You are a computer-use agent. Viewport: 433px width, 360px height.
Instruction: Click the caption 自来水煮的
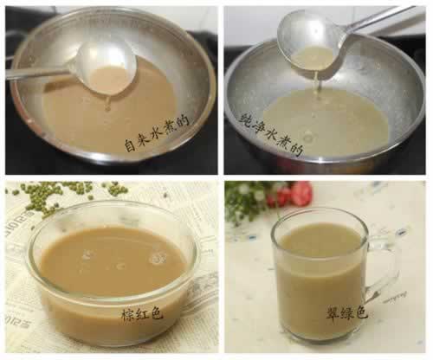[x=157, y=133]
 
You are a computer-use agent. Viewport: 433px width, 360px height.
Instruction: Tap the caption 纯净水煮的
[x=271, y=134]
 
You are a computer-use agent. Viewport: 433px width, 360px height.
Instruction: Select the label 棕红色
[x=142, y=313]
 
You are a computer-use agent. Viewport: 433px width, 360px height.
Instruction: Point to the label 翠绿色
[x=346, y=312]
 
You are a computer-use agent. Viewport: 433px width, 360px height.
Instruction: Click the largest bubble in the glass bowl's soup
[x=158, y=259]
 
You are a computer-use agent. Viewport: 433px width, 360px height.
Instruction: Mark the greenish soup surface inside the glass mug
[x=320, y=240]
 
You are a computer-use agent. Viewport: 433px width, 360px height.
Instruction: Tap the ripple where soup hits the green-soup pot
[x=308, y=136]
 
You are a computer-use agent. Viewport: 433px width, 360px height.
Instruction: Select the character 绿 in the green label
[x=346, y=312]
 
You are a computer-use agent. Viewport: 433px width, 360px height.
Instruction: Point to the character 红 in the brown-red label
[x=142, y=313]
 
